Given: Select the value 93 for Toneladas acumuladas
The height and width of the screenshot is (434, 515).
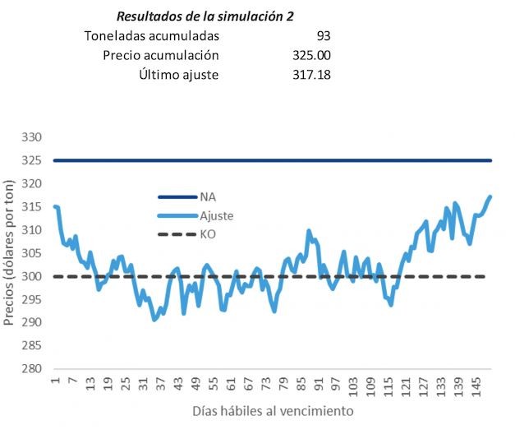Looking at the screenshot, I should [x=322, y=36].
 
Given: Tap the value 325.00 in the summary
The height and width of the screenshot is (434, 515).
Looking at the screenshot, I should [x=311, y=56].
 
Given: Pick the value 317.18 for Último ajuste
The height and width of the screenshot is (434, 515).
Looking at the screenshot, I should [x=311, y=76].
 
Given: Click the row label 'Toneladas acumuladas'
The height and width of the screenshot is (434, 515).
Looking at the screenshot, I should [x=152, y=36].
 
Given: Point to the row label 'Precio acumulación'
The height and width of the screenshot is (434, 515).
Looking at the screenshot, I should [x=161, y=56].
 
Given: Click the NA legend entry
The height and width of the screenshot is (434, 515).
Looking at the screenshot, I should [x=207, y=197].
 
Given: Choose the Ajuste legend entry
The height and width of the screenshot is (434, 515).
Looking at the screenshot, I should [x=216, y=216].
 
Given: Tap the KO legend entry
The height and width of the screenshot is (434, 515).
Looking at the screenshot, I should [x=207, y=235].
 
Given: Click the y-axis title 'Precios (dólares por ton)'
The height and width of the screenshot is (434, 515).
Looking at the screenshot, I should [x=10, y=254].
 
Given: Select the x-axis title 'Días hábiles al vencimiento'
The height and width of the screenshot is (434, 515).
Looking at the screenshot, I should [x=273, y=409].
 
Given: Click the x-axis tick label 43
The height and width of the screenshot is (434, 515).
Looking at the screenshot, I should [x=178, y=385].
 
